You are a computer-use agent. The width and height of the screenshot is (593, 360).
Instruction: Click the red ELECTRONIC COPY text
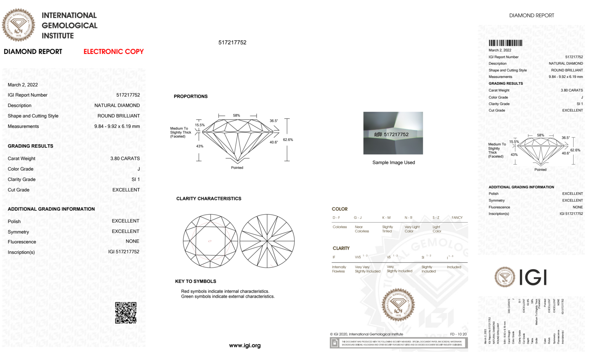click(114, 52)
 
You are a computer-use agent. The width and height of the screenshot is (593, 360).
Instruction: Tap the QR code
click(126, 313)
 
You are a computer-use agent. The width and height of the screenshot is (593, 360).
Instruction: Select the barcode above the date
click(505, 43)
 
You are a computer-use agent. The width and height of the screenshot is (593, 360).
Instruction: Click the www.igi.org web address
click(245, 345)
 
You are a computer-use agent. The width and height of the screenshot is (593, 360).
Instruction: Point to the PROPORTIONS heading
click(191, 96)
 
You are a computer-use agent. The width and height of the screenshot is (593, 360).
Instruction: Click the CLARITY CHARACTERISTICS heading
click(209, 199)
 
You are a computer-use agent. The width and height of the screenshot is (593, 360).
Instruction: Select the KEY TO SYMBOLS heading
click(196, 281)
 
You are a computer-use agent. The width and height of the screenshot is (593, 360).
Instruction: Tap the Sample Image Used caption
click(394, 162)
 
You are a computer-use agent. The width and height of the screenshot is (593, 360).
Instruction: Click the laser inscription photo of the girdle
click(393, 133)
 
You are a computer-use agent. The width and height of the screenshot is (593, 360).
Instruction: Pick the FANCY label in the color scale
click(457, 217)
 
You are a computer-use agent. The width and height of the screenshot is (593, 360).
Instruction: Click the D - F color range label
click(336, 217)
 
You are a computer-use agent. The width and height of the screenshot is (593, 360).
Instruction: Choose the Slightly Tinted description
click(387, 229)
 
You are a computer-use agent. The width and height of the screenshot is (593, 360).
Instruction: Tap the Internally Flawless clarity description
click(339, 269)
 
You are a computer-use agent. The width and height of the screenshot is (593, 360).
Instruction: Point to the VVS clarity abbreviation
click(358, 257)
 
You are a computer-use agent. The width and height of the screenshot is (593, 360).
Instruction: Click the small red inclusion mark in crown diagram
click(210, 241)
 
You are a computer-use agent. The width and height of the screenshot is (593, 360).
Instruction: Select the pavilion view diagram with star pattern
click(267, 241)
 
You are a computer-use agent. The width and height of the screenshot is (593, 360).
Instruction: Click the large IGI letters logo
click(533, 277)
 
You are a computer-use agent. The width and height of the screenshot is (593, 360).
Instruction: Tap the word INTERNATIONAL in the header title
click(69, 15)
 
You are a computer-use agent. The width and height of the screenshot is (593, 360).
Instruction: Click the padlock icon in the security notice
click(335, 343)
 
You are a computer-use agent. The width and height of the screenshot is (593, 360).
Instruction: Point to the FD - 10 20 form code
click(458, 334)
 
